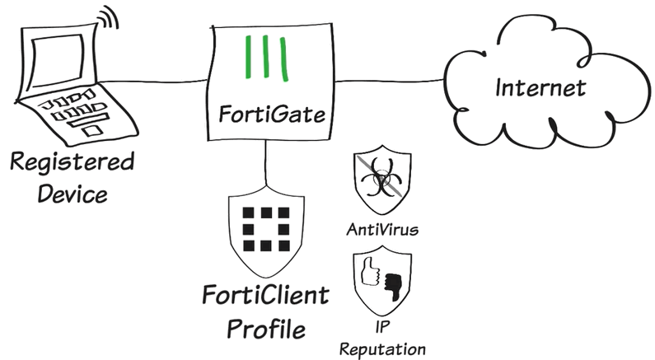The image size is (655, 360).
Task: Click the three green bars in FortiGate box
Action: (x=267, y=60)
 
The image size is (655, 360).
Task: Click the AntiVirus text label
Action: (x=381, y=229)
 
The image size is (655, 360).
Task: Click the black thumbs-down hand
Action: (x=391, y=283)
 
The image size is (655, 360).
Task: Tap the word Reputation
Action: (x=381, y=348)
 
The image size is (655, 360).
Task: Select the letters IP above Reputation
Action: (x=381, y=327)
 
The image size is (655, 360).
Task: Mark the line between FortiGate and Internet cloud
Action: (x=391, y=81)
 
